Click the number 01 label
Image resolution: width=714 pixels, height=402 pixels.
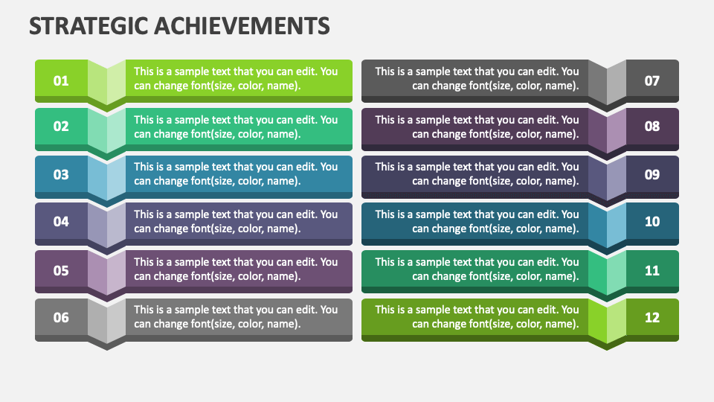[x=61, y=80]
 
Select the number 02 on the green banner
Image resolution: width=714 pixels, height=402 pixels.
[x=61, y=127]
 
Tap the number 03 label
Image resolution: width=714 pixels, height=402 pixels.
[x=61, y=175]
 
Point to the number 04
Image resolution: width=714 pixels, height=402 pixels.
[x=61, y=222]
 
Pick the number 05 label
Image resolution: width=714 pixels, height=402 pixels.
[x=61, y=270]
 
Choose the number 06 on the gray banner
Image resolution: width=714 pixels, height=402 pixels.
[x=61, y=318]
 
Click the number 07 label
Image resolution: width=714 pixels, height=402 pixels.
[x=652, y=80]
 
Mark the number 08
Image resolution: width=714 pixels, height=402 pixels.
[x=652, y=127]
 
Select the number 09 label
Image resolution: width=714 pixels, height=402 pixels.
[x=652, y=175]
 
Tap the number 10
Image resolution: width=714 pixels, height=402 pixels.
[x=652, y=222]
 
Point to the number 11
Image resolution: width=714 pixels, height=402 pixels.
[x=652, y=270]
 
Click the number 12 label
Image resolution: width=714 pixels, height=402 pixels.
[x=652, y=318]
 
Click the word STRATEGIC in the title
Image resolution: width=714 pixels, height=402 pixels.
[x=87, y=27]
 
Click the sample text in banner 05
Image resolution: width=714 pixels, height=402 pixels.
[x=236, y=269]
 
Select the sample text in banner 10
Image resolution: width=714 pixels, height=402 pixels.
[x=477, y=222]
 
